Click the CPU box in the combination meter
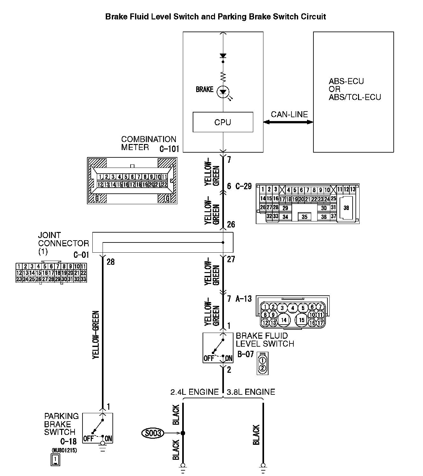coord(223,122)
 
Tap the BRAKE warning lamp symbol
coord(223,92)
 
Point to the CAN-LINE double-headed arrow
coord(288,122)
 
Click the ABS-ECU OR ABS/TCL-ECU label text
coord(355,89)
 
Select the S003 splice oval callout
coord(153,433)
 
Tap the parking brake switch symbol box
coord(98,428)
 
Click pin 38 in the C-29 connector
coord(346,208)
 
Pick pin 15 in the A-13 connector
coord(302,320)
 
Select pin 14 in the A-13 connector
coord(284,320)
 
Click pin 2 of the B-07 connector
coord(262,368)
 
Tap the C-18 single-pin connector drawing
coord(55,459)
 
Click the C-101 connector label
coord(169,149)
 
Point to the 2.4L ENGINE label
coord(194,392)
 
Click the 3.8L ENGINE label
coord(251,392)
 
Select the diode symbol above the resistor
coord(223,56)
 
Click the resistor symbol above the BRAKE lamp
coord(223,76)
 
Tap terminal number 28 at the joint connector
coord(111,262)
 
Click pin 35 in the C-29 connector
coord(305,217)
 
